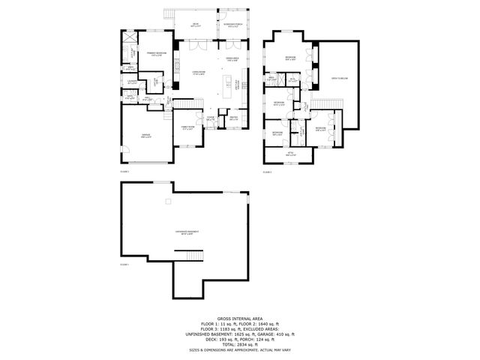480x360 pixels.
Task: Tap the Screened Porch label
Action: click(x=231, y=24)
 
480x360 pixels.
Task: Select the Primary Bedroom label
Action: click(x=156, y=54)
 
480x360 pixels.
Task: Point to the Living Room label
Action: click(x=199, y=73)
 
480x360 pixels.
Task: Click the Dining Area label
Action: click(x=232, y=58)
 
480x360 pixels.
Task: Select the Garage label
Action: click(x=146, y=136)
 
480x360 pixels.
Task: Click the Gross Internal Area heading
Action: click(x=239, y=318)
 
